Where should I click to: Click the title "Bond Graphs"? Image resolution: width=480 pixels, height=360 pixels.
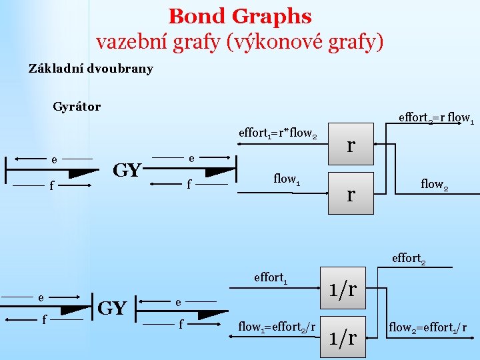(x=240, y=16)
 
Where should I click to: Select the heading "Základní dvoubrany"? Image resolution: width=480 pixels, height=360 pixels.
(x=91, y=69)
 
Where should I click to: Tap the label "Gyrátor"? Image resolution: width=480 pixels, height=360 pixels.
(x=77, y=107)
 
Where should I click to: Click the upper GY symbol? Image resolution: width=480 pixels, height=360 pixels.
(x=127, y=170)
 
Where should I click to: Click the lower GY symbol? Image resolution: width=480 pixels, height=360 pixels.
(x=112, y=309)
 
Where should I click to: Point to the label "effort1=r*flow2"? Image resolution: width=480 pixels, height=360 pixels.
(x=277, y=133)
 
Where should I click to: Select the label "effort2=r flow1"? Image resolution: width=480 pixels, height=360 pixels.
(x=436, y=118)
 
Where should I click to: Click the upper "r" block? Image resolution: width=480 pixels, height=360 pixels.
(x=351, y=145)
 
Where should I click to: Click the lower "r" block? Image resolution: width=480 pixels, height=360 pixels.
(x=351, y=194)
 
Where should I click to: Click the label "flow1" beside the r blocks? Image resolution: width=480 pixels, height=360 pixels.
(x=287, y=179)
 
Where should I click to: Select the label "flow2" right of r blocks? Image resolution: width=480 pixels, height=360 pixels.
(x=434, y=183)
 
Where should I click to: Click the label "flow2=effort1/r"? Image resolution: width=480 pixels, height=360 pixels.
(x=427, y=327)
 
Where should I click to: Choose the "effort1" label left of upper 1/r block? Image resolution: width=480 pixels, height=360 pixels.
(x=271, y=277)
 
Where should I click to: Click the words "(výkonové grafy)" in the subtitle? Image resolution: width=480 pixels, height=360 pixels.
(x=305, y=42)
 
